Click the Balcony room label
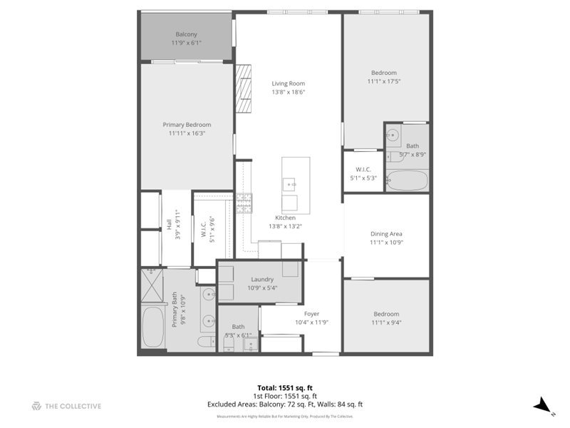pos(186,34)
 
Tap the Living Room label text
pos(288,83)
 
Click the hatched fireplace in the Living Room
pos(244,88)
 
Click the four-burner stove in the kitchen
pos(244,204)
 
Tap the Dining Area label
pos(386,234)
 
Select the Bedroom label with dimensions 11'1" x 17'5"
pos(384,73)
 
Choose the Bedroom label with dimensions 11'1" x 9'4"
pos(386,314)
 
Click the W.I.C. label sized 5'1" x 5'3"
pos(363,170)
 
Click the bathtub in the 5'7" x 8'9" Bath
pos(408,180)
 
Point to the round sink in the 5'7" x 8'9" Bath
pos(393,133)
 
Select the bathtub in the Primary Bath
pos(152,327)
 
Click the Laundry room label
pos(263,280)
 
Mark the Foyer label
pos(311,314)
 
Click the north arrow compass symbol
pos(544,405)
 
